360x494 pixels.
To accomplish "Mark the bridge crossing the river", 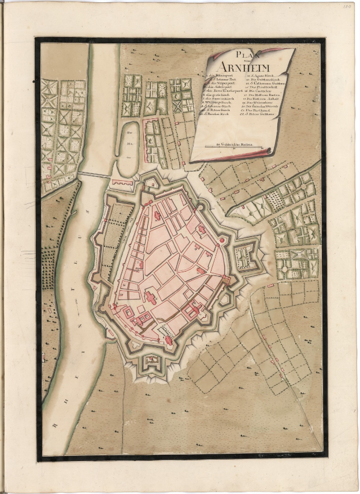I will pos(95,174).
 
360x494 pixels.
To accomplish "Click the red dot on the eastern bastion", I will pos(227,281).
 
